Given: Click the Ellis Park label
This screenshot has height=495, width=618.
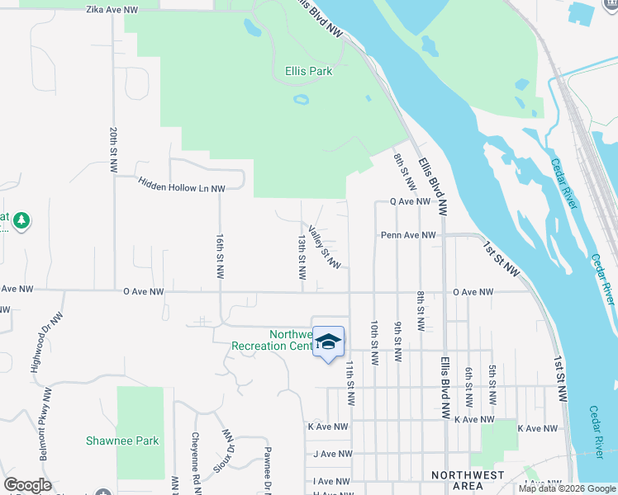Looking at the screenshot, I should point(308,72).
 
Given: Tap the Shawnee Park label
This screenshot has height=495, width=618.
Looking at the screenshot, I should point(122,441).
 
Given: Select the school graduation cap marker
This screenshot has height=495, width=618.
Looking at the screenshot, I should point(328,342).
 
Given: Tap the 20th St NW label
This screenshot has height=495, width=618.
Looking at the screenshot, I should point(113,149).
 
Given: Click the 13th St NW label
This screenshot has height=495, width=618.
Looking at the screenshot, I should point(302,256).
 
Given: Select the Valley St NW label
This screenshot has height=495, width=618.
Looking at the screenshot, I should point(324,247).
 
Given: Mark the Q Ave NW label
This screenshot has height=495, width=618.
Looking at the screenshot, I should point(410,201).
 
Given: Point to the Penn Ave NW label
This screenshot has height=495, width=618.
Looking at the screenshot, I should point(408,235).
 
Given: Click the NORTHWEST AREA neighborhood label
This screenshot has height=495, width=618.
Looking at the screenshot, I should point(468,481).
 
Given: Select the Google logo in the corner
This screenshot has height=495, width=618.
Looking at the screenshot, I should point(27,485).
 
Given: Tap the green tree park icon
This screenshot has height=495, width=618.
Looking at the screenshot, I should point(21,220).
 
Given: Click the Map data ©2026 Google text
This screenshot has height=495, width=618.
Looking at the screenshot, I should point(567,488).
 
